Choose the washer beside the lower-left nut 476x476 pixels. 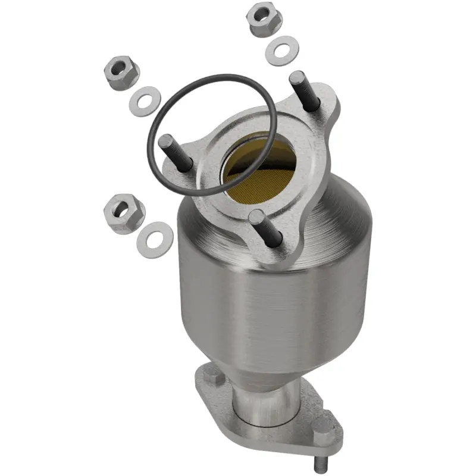click(154, 237)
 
